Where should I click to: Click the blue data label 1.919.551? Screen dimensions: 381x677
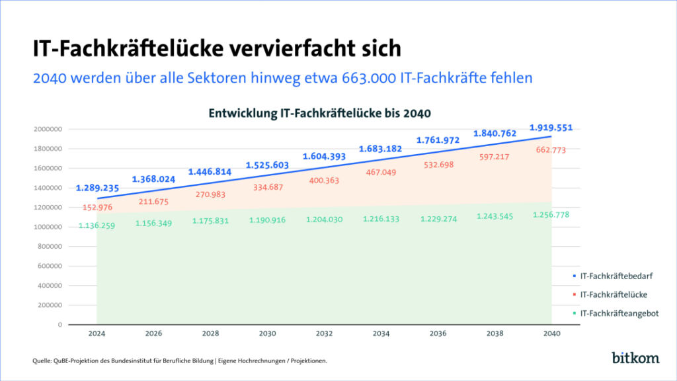[551, 127]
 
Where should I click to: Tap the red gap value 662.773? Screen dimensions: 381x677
[551, 150]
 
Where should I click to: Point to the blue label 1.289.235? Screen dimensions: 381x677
[97, 188]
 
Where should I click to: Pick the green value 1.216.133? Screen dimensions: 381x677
[381, 220]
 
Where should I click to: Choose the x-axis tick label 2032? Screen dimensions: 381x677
[324, 334]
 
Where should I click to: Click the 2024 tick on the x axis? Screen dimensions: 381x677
[97, 334]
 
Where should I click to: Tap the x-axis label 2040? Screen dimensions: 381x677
[551, 334]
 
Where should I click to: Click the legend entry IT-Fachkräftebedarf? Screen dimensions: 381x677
[617, 276]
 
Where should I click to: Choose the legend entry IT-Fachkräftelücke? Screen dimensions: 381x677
[614, 294]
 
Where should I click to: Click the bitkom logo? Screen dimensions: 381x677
[635, 358]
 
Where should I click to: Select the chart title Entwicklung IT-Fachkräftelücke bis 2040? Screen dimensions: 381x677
[320, 113]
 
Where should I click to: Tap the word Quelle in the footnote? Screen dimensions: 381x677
[42, 360]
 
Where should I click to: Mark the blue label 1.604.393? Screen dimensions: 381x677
[324, 157]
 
